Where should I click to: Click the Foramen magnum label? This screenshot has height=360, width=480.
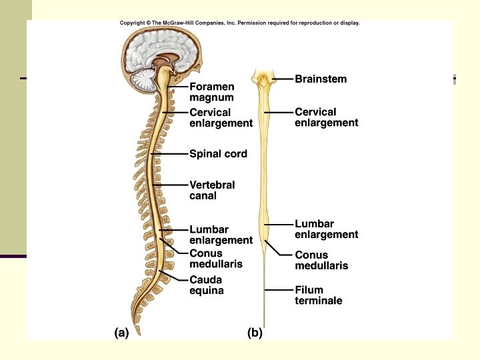coord(211,91)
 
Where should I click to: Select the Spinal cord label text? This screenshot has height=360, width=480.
coord(218,154)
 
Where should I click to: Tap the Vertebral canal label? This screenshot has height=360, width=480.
coord(212,190)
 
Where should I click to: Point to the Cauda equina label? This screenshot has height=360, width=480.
coord(206,285)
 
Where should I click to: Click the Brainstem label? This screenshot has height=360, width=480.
coord(321,79)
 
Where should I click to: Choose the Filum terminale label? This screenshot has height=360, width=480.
coord(318,295)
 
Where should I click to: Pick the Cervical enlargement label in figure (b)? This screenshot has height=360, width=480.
coord(326,117)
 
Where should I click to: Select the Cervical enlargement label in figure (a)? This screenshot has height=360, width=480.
coord(221,118)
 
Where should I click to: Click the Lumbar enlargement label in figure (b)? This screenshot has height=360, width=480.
coord(326,229)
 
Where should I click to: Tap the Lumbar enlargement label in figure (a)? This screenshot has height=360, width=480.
coord(221,235)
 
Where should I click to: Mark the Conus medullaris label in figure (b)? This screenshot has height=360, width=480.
coord(321,260)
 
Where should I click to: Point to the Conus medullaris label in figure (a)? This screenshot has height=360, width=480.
coord(215,259)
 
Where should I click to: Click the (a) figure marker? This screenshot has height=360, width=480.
coord(121,333)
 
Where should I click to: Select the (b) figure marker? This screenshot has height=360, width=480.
coord(255,333)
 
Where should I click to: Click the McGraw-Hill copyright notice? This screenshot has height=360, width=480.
coord(239,23)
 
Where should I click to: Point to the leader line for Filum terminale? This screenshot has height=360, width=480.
coord(280,290)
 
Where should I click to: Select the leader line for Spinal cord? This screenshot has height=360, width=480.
coord(171,154)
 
